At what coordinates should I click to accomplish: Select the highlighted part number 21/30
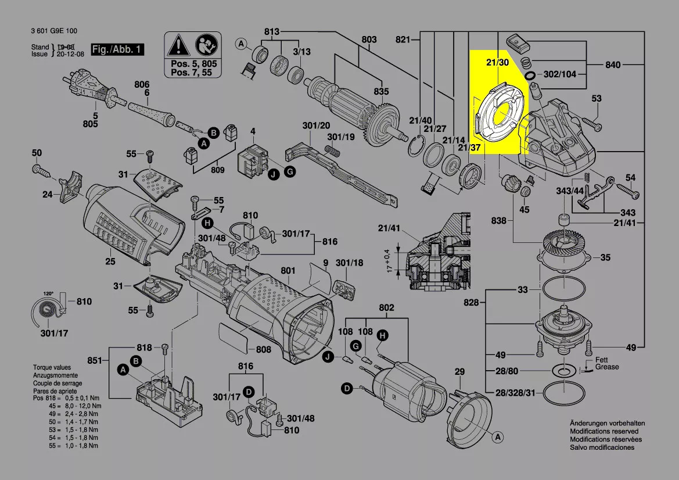coord(498,62)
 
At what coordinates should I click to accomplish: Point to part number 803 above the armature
coord(369,40)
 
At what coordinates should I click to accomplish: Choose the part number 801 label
coord(288,271)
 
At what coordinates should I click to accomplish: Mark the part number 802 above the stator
coord(386,307)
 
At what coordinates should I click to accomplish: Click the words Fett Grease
coord(607,364)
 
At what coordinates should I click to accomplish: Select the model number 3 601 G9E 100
coord(55,31)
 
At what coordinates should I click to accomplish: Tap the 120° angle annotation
coord(48,293)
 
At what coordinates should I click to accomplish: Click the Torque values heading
coord(52,368)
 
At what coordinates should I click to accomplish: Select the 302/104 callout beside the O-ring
coord(560,74)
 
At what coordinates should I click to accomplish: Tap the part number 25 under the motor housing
coord(110,262)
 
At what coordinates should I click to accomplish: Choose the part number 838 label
coord(499,221)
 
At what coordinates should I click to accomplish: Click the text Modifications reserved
coord(604,431)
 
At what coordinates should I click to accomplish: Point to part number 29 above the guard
coord(459,371)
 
